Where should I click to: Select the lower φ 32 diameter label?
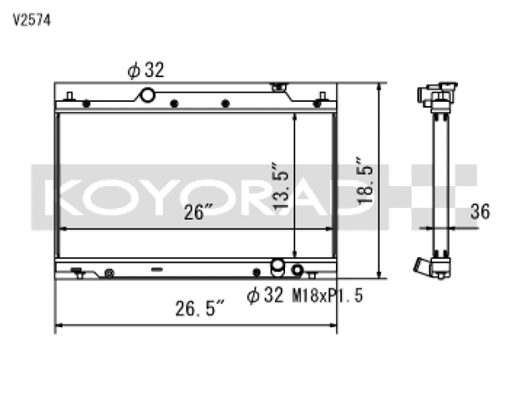(x=266, y=295)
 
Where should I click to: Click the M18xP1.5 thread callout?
(x=322, y=295)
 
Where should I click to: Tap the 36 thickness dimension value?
(x=479, y=212)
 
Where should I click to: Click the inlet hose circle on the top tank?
(x=148, y=95)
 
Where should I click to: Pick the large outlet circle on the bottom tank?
(x=277, y=268)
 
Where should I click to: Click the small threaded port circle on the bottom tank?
(x=297, y=272)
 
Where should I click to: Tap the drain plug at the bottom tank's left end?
(x=77, y=273)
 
